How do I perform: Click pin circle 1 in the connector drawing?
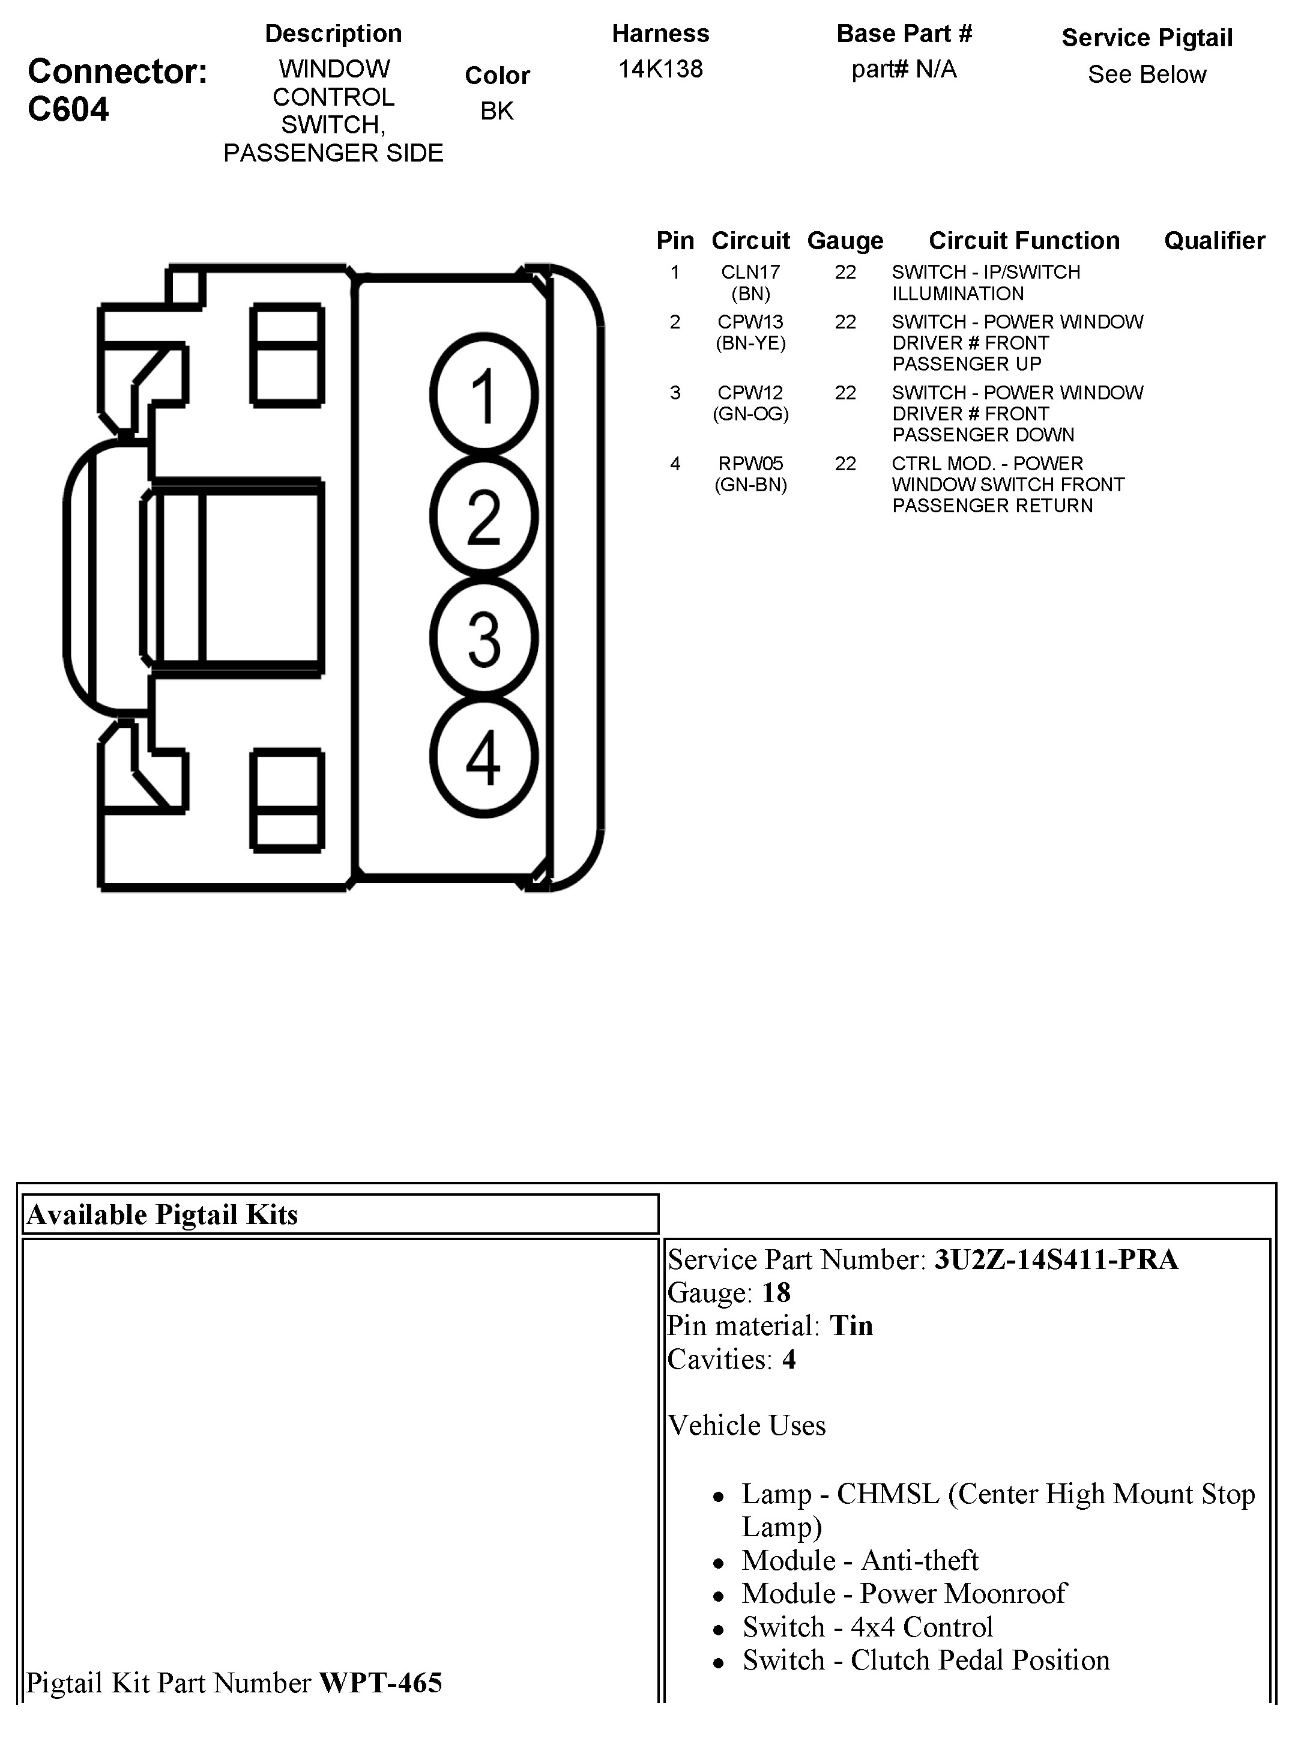click(x=484, y=395)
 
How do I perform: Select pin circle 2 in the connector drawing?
click(x=484, y=516)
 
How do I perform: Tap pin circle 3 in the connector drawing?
click(x=484, y=638)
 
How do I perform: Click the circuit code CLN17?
click(x=750, y=273)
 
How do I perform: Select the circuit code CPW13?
click(x=750, y=322)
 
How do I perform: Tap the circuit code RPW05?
click(x=750, y=464)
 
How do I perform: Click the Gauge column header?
click(x=845, y=241)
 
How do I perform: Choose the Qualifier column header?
click(x=1214, y=241)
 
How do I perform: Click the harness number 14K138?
click(x=660, y=70)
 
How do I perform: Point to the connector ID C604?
click(x=68, y=110)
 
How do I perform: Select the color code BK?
click(x=497, y=111)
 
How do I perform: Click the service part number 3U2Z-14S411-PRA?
click(x=1056, y=1259)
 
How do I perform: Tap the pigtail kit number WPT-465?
click(x=381, y=1682)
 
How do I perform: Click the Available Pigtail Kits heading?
click(x=163, y=1214)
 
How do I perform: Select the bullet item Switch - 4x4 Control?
click(x=867, y=1626)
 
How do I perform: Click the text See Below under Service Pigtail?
click(x=1146, y=75)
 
